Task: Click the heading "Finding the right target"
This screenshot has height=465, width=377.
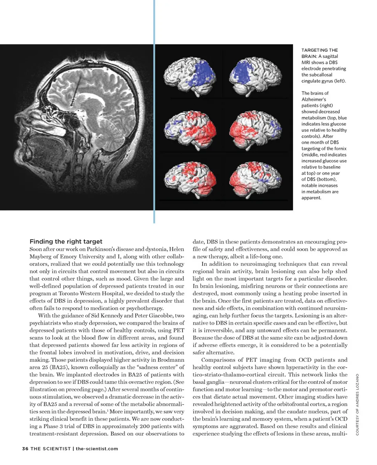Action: coord(66,242)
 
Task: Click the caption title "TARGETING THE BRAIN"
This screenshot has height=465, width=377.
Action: coord(319,53)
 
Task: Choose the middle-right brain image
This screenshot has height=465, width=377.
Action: coord(255,127)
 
